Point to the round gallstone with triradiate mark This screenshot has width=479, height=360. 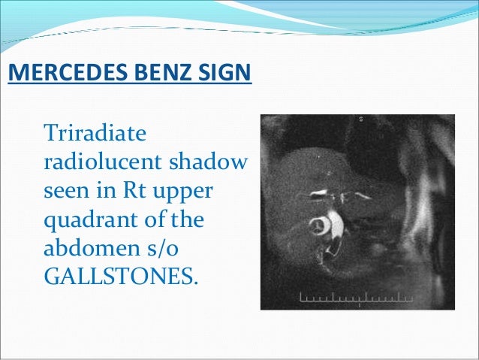(x=319, y=225)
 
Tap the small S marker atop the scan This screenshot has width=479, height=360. (x=361, y=119)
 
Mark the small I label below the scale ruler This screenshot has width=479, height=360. (x=360, y=305)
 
